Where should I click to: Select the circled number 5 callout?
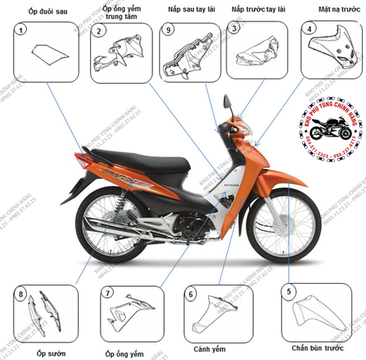point(287,291)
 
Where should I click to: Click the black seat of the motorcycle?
point(141,161)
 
